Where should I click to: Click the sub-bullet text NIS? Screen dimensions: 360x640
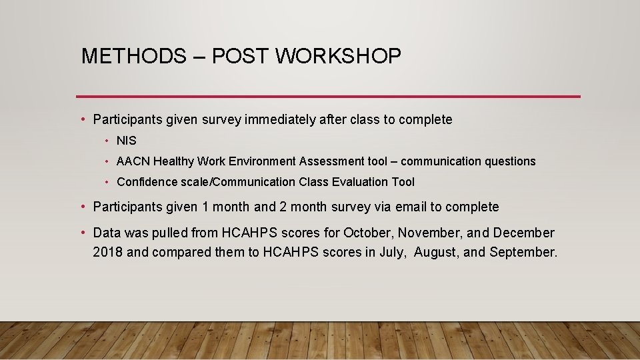pos(126,141)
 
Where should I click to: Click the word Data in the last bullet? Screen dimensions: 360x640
pos(107,233)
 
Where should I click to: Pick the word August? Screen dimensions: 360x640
pos(437,252)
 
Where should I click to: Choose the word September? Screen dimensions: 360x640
pos(523,252)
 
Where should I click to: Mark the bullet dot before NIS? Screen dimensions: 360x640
pos(107,141)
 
